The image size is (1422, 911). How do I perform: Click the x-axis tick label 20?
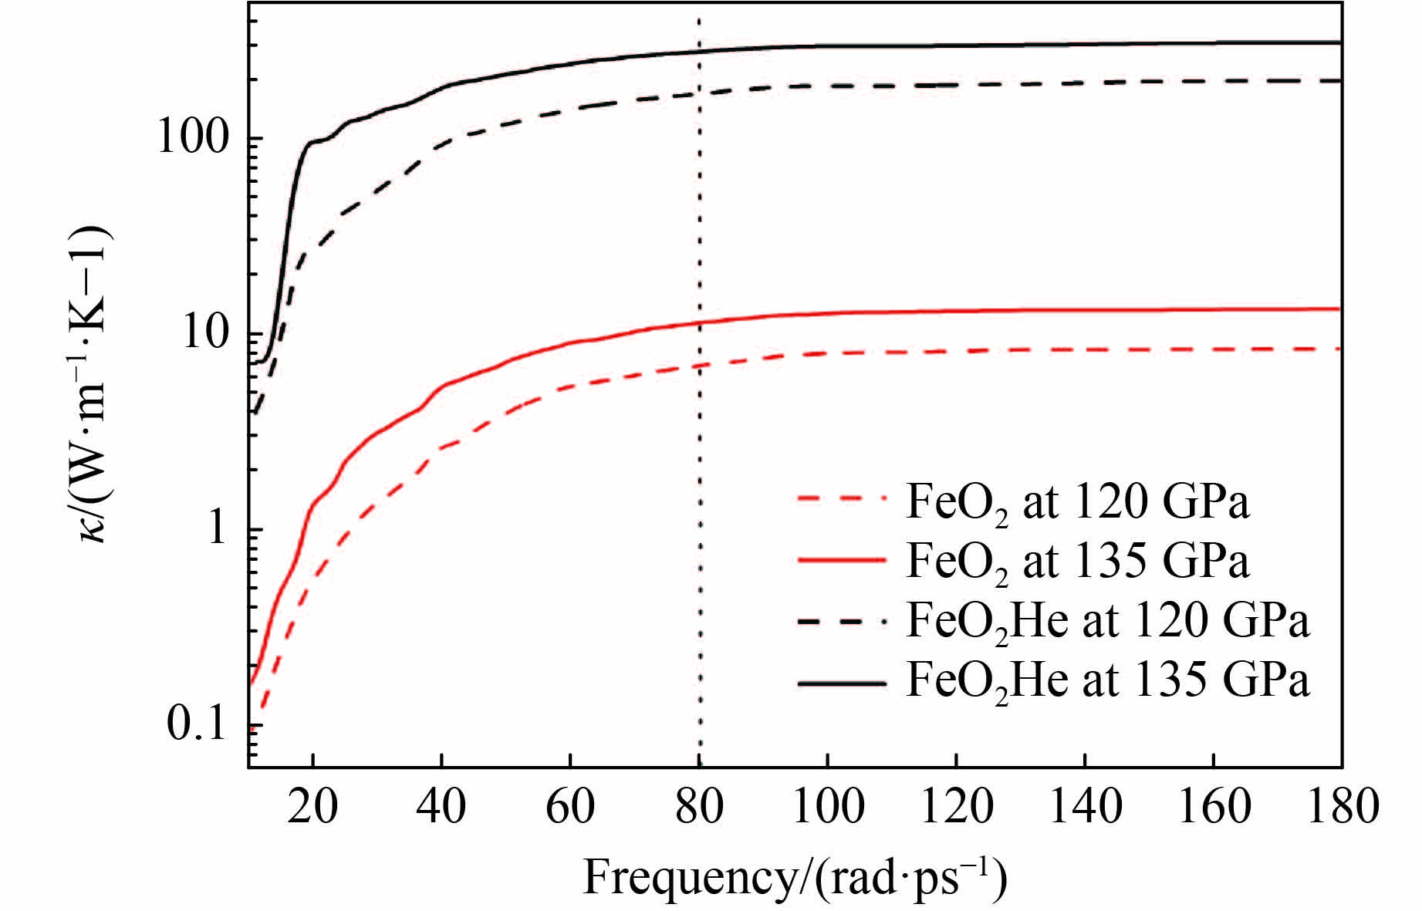(312, 807)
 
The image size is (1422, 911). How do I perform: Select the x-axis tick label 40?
(441, 807)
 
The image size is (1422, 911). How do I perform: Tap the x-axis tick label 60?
(569, 807)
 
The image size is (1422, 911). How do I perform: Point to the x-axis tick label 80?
(698, 807)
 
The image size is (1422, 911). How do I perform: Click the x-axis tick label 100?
(827, 807)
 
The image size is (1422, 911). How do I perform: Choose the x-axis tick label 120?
(956, 807)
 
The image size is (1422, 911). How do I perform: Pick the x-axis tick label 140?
(1085, 807)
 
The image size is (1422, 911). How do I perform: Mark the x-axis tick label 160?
(1214, 807)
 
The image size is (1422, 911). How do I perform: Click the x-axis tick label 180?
(1341, 807)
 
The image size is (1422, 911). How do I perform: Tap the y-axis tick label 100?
(194, 139)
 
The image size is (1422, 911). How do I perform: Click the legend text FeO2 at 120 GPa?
(1077, 503)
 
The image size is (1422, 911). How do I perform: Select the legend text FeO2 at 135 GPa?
(1077, 562)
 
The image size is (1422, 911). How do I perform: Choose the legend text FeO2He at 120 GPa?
(1107, 622)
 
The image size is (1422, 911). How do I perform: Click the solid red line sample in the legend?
(841, 561)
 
